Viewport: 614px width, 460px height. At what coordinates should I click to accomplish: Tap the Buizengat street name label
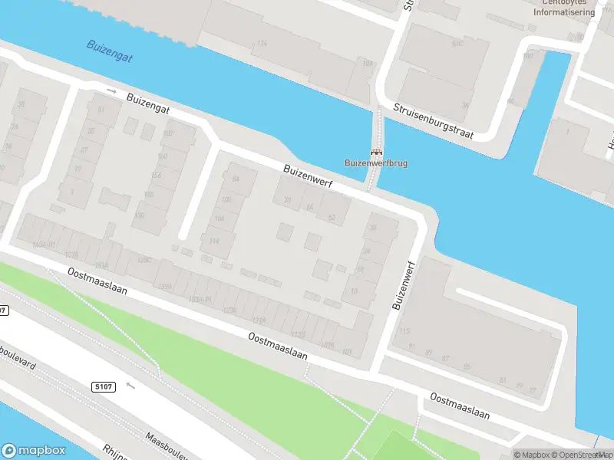(x=147, y=105)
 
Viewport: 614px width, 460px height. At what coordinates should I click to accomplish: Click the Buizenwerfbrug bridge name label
(x=376, y=163)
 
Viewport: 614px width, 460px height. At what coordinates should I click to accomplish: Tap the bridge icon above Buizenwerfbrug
(x=376, y=151)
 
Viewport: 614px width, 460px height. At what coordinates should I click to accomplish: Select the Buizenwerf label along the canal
(x=311, y=177)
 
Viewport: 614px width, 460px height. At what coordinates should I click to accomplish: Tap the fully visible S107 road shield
(x=105, y=386)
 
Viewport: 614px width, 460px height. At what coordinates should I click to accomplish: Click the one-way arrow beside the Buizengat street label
(x=112, y=90)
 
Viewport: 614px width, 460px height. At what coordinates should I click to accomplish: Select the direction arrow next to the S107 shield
(x=130, y=385)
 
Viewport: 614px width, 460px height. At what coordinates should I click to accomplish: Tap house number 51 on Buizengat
(x=101, y=109)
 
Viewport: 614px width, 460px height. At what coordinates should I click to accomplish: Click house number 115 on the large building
(x=404, y=331)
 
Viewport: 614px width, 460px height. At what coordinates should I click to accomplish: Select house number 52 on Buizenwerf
(x=332, y=219)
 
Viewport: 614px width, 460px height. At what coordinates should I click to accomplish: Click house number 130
(x=139, y=215)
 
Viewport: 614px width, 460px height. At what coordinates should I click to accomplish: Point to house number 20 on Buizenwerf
(x=287, y=201)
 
